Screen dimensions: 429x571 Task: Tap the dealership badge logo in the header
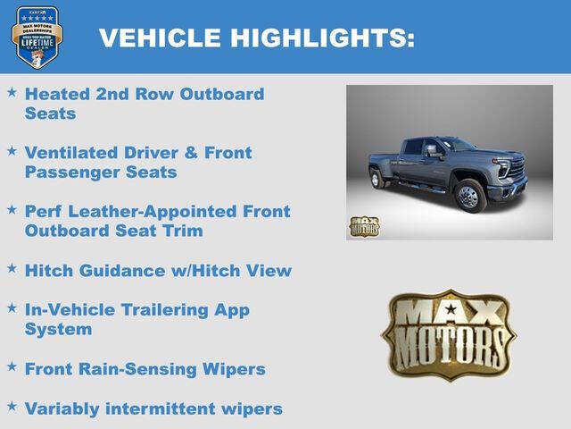[37, 37]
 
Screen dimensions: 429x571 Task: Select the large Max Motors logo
[449, 334]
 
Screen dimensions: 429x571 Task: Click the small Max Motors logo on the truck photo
[363, 226]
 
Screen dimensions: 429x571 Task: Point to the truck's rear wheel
[377, 179]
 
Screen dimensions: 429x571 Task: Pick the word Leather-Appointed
[155, 212]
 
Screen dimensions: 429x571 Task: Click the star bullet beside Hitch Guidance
[12, 267]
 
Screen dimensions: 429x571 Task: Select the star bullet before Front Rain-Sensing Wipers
[12, 366]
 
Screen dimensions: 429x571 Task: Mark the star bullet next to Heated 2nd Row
[12, 91]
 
